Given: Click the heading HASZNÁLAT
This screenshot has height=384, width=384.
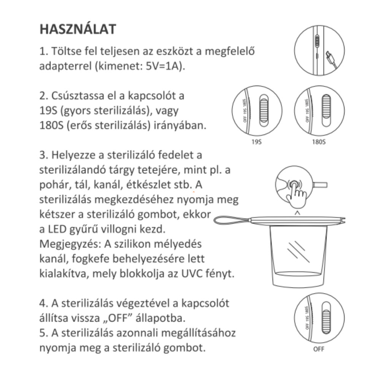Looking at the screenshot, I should coord(78,30).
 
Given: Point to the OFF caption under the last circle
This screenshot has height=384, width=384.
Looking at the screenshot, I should coord(319,349).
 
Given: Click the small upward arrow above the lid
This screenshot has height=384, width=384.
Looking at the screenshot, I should coord(297,213).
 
